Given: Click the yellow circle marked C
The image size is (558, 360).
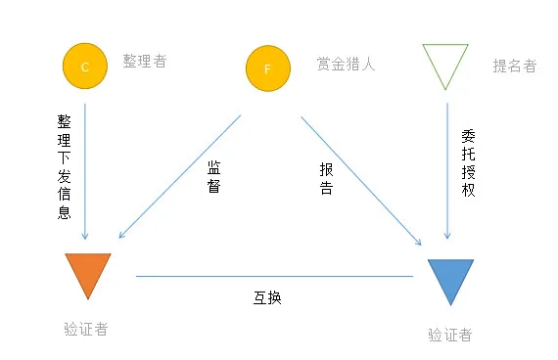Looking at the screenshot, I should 84,66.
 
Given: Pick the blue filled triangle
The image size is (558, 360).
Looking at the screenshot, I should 450,278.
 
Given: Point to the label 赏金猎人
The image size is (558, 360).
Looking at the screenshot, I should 346,65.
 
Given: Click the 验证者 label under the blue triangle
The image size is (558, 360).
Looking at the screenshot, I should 449,335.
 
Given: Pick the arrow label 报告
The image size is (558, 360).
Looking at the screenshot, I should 326,178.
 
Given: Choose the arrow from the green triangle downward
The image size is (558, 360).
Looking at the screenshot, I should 447,166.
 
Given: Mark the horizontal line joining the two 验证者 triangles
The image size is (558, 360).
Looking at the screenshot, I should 274,276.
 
